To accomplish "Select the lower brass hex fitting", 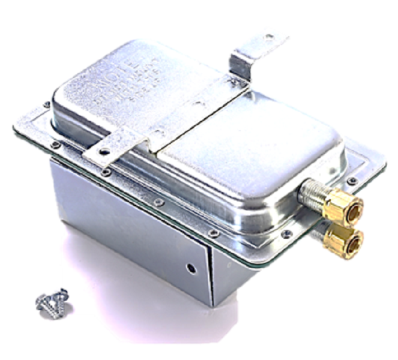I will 343,239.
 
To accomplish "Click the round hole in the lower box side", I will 190,268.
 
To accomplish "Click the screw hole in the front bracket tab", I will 104,151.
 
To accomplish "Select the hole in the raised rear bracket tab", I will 268,38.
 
